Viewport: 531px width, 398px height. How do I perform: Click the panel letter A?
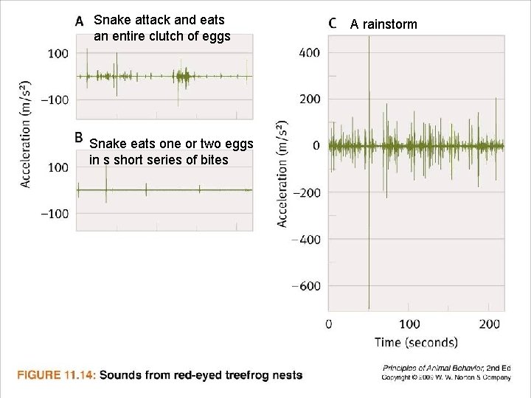click(80, 21)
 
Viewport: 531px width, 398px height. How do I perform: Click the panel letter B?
click(80, 137)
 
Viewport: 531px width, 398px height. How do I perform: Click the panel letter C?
click(333, 24)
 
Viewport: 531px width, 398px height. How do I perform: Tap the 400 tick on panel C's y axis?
click(310, 52)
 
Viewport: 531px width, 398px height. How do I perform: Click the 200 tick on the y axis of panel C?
click(310, 99)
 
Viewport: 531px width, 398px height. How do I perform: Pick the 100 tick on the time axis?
click(409, 324)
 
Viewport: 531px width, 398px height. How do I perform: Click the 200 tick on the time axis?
click(490, 324)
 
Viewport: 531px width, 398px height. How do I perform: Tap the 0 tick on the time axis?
click(329, 324)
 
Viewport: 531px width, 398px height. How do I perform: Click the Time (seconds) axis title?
click(415, 342)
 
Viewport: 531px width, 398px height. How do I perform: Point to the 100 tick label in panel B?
click(58, 167)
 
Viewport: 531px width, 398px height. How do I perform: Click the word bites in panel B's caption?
click(213, 160)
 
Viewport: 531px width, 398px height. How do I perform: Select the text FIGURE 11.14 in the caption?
click(56, 375)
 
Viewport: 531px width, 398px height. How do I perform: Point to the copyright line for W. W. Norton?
click(446, 377)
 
